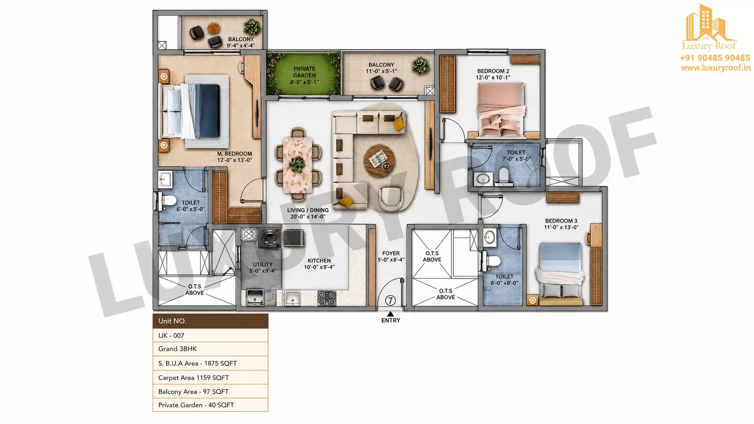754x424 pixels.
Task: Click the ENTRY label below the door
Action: coord(391,320)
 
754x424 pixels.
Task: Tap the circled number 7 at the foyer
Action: coord(390,300)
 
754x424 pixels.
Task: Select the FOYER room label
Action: coord(391,254)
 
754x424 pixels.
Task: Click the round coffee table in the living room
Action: coord(379,161)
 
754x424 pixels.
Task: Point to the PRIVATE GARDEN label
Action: coord(304,72)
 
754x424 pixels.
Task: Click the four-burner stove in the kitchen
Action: coord(327,298)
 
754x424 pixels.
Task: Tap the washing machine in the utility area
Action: coord(270,238)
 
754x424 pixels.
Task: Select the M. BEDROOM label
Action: coord(234,154)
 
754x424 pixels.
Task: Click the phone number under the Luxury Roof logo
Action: coord(715,58)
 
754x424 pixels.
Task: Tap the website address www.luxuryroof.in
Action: coord(716,68)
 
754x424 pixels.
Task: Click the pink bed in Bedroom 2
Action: coord(501,110)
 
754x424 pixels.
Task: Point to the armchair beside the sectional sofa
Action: coord(391,198)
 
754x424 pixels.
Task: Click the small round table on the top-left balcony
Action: coord(214,28)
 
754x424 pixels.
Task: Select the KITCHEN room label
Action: coord(319,261)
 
